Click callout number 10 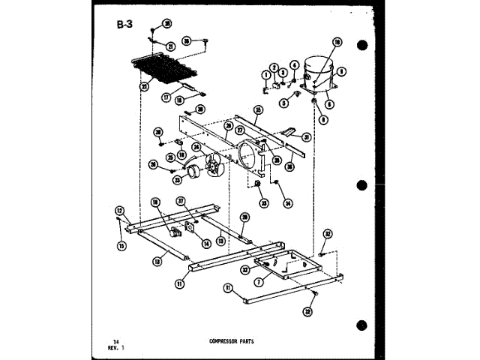click(x=337, y=43)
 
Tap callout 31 click(x=307, y=137)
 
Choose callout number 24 click(x=196, y=147)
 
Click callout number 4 click(x=295, y=64)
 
